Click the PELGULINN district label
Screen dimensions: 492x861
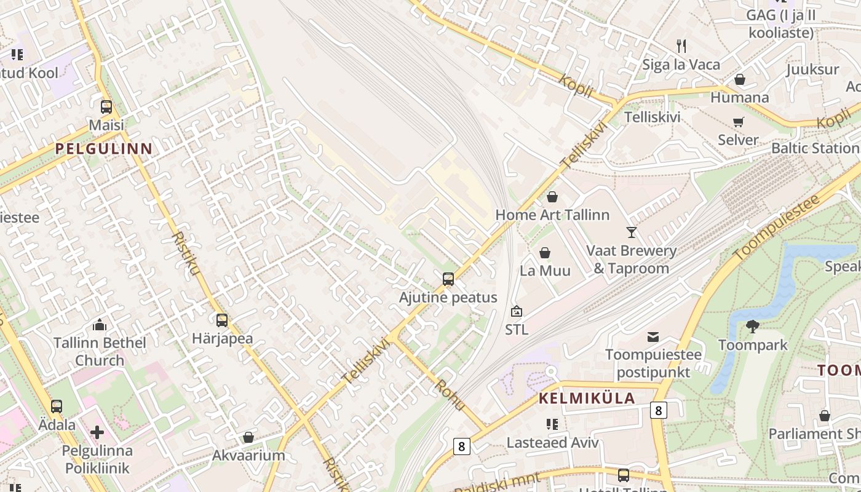[x=103, y=148]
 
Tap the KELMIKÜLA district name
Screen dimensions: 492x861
[x=587, y=398]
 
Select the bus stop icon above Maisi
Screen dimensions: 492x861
[x=106, y=107]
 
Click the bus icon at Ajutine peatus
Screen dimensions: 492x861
[x=448, y=279]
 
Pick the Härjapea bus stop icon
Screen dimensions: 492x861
[x=222, y=320]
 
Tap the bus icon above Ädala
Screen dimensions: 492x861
[x=57, y=407]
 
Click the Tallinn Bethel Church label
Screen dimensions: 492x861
[x=100, y=351]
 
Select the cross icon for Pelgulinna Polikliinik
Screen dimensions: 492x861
[x=97, y=432]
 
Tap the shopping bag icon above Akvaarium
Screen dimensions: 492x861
[x=248, y=437]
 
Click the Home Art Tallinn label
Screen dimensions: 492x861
[x=552, y=215]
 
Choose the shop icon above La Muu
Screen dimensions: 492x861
[x=545, y=253]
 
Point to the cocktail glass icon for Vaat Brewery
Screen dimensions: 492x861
[x=632, y=232]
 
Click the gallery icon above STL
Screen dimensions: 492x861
[x=516, y=311]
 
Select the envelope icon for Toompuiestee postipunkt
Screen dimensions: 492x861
[x=653, y=337]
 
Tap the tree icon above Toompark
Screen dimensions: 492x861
[x=752, y=327]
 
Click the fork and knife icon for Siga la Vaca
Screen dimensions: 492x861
[x=681, y=46]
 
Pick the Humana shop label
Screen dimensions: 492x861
[x=739, y=97]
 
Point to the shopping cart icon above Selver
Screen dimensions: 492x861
[x=739, y=122]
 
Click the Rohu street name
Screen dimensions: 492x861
[x=450, y=394]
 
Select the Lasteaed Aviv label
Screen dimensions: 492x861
[x=552, y=442]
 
